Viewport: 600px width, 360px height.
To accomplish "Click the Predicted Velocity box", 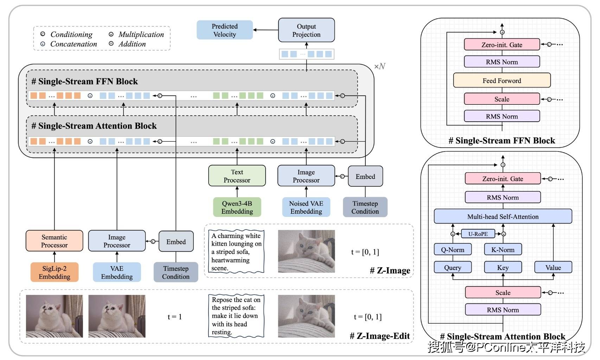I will click(224, 30).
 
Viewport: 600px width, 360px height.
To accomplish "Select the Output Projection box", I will click(306, 30).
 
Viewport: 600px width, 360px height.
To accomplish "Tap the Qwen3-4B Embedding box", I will click(237, 207).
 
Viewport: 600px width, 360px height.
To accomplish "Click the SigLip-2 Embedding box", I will click(55, 272).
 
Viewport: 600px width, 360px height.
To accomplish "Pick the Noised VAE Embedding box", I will click(306, 207).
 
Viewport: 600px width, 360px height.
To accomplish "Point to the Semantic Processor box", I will click(55, 241).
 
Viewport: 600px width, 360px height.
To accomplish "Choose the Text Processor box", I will click(237, 176).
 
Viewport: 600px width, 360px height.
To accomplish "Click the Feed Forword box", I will click(502, 81).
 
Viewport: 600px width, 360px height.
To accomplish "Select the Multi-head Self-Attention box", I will click(503, 217).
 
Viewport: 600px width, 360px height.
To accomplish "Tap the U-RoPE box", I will click(478, 234).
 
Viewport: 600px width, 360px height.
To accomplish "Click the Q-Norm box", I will click(453, 250).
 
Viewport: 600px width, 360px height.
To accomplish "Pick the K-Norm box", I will click(503, 250).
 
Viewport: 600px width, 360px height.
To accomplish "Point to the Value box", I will click(553, 268).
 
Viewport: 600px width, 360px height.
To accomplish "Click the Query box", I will click(453, 268).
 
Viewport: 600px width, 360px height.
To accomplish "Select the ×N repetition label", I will click(380, 66).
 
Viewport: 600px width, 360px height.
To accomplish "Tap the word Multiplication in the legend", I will click(141, 34).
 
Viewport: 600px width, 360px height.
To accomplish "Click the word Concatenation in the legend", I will click(74, 44).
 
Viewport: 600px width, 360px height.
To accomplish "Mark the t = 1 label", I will click(174, 317).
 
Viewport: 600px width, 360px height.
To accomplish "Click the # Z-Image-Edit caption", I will click(380, 336).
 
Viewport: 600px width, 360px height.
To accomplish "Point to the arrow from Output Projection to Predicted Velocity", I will click(266, 30).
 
